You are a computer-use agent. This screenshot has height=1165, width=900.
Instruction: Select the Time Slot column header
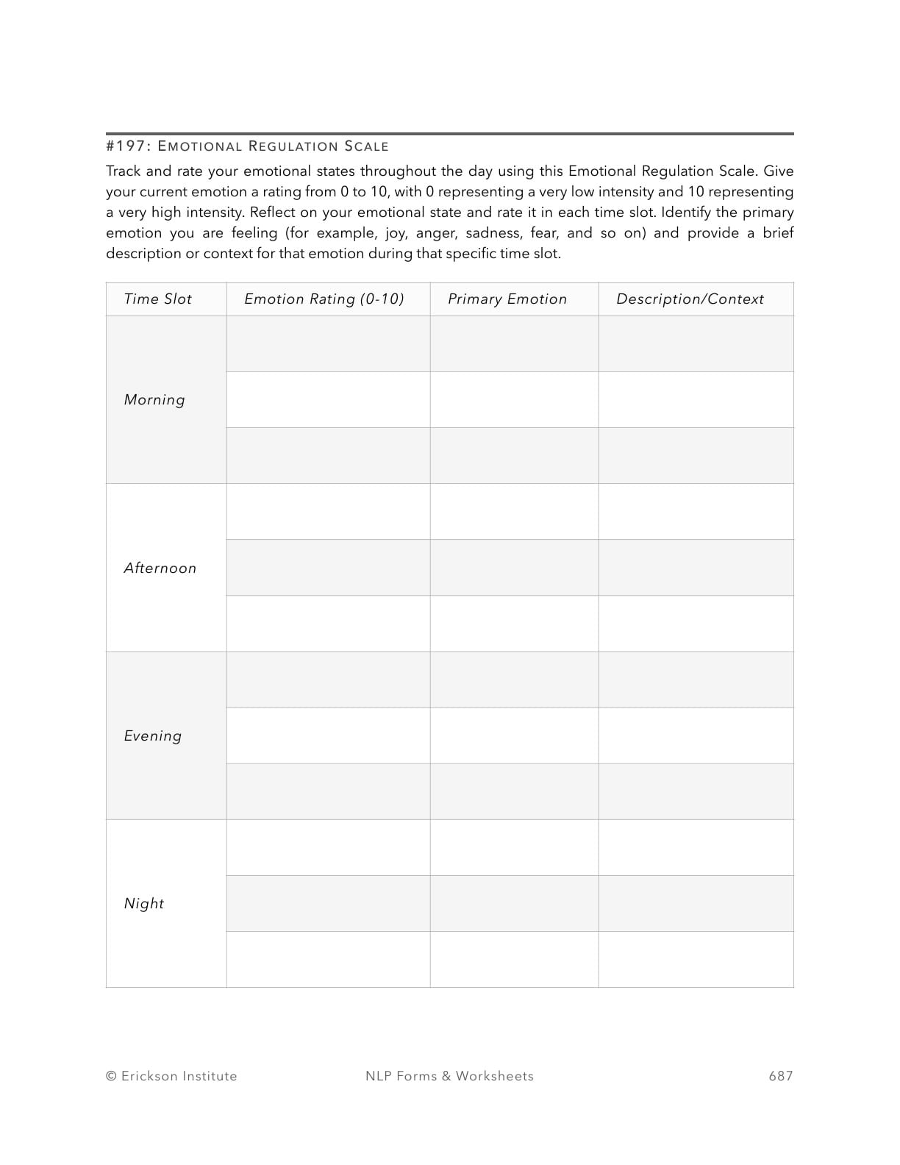[x=157, y=299]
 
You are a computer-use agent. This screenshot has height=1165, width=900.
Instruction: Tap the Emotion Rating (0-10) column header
[x=324, y=299]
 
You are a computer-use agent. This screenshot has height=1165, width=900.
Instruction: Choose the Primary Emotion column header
[x=507, y=299]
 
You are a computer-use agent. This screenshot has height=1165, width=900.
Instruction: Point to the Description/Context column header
[x=690, y=299]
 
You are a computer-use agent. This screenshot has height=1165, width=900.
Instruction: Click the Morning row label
[x=154, y=400]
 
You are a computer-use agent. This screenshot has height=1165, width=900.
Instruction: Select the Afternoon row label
[x=160, y=569]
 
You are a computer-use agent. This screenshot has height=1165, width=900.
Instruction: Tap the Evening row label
[x=153, y=736]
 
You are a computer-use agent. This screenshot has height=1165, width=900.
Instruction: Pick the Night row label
[x=144, y=904]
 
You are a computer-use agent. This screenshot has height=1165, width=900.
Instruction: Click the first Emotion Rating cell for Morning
[x=328, y=344]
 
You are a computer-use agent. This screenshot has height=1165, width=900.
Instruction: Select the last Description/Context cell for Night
[x=696, y=960]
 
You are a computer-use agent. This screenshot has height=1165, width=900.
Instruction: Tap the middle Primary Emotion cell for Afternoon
[x=514, y=568]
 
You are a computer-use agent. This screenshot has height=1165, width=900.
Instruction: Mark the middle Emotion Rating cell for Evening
[x=328, y=735]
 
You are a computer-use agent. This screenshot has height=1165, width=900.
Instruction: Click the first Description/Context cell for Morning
[x=696, y=344]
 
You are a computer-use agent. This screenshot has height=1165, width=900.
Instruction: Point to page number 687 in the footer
[x=781, y=1076]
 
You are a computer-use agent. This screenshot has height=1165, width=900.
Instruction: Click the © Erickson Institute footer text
[x=171, y=1076]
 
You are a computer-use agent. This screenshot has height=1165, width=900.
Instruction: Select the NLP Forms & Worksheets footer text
[x=449, y=1076]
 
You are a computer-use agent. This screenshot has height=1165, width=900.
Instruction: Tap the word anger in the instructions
[x=435, y=233]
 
